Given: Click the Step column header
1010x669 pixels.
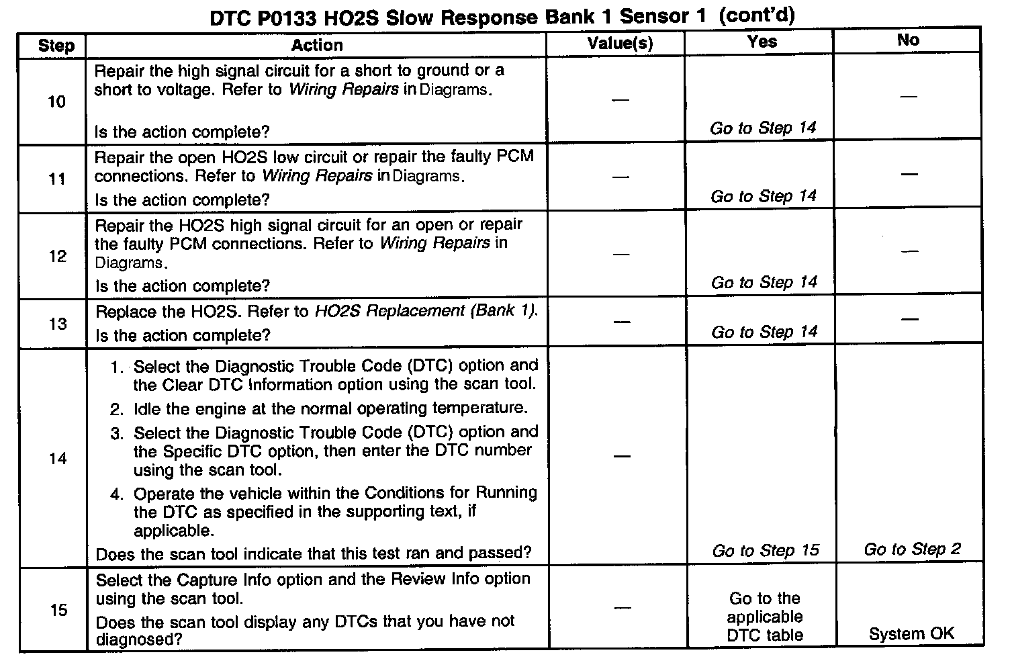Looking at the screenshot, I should coord(56,46).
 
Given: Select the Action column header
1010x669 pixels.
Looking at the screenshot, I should coord(317,45).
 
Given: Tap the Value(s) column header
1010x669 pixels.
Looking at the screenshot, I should coord(620,44).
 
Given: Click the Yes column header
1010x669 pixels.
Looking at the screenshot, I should coord(762,42).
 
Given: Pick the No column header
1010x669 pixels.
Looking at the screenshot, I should coord(908,40).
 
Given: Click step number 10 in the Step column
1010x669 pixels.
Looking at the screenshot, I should coord(56,102).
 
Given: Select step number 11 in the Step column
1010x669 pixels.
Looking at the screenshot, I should coord(57,179).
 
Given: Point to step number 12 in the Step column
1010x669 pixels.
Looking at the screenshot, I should coord(57,256).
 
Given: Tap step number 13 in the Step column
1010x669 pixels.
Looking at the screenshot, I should coord(58,324).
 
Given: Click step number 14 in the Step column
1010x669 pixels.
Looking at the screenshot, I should coord(58,459).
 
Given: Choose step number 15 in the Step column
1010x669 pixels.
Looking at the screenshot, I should coord(58,610).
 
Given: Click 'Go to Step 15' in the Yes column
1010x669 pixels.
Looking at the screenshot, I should coord(766,551).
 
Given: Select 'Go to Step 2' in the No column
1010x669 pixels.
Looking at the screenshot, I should coord(912,549).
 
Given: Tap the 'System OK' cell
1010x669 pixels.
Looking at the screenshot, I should coord(911,633).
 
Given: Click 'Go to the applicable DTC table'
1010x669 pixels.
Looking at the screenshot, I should coord(765,617).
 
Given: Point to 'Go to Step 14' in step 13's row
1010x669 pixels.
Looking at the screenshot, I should coord(764,332).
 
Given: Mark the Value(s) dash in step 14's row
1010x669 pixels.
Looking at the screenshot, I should coord(622,457).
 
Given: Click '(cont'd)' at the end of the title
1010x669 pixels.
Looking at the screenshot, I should coord(757,15).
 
